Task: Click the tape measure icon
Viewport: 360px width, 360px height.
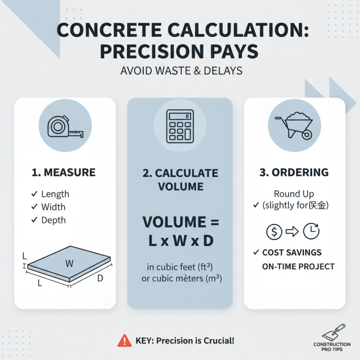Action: click(x=65, y=126)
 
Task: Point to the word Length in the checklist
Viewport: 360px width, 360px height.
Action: click(x=55, y=194)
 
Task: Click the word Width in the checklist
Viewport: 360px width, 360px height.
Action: click(x=53, y=207)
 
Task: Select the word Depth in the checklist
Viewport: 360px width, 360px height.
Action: click(x=53, y=220)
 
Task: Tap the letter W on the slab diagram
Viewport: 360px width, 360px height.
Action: click(x=69, y=264)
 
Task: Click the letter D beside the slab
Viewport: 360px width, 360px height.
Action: click(x=100, y=279)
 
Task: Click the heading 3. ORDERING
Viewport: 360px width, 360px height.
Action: click(x=294, y=172)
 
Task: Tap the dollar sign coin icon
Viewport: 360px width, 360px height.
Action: click(x=274, y=232)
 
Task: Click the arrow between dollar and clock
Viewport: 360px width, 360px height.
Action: click(x=292, y=232)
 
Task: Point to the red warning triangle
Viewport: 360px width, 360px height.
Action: click(x=125, y=340)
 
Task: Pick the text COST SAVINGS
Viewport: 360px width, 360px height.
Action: click(x=292, y=253)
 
